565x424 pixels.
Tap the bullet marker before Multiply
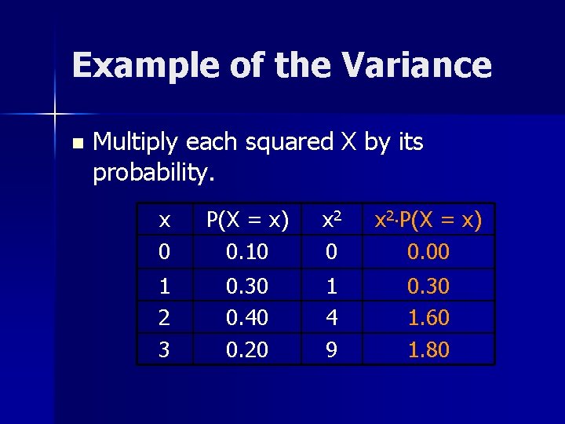coord(76,144)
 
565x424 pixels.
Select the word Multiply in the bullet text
coord(135,143)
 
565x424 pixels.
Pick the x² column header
coord(332,221)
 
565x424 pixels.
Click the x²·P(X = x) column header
coord(428,221)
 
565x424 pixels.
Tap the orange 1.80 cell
coord(428,349)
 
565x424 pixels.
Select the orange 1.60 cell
coord(428,318)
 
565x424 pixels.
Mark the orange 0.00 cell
coord(428,252)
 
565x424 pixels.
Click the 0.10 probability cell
coord(247,252)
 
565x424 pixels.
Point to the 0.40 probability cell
coord(247,318)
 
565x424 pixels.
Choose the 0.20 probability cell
coord(247,349)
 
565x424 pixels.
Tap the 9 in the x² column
coord(332,349)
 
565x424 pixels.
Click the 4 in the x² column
coord(332,318)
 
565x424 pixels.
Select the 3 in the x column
coord(164,349)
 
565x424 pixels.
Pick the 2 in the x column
coord(164,318)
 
